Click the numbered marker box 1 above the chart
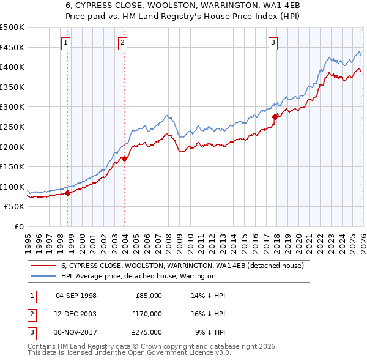65,42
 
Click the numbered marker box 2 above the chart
123,42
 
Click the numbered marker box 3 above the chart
273,42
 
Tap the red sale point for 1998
67,193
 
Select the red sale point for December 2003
124,158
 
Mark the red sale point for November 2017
275,117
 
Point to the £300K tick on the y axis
12,107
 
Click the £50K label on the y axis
14,207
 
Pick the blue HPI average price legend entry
138,277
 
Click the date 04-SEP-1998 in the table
76,295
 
